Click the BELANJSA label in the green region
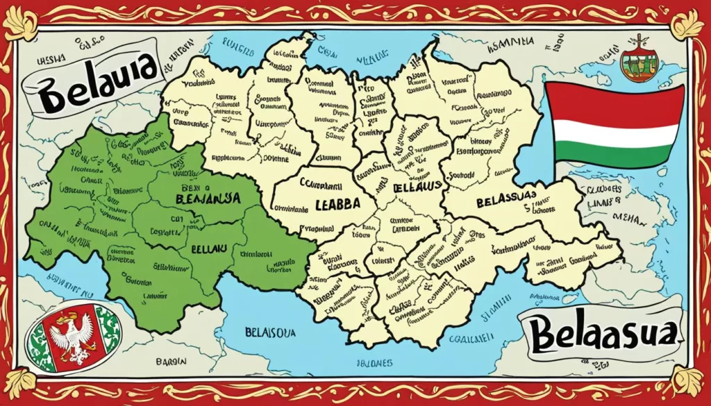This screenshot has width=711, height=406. pos(205,198)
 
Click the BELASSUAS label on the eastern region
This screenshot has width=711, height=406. pos(510,202)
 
